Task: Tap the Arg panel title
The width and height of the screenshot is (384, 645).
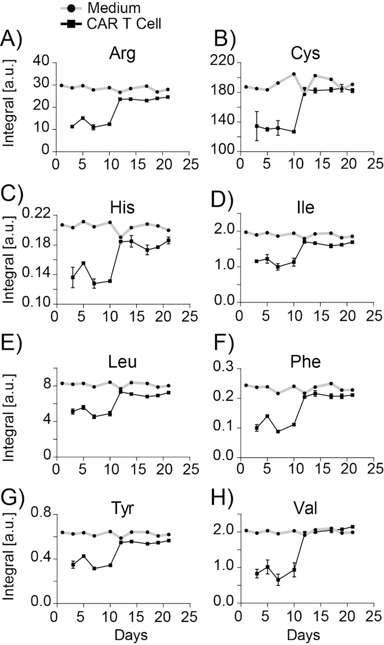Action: pos(122,54)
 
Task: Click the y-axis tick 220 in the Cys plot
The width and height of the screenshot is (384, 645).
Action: pos(225,63)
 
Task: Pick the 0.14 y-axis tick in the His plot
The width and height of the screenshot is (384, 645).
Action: pos(35,274)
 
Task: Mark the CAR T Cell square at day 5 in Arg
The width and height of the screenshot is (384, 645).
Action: pos(83,118)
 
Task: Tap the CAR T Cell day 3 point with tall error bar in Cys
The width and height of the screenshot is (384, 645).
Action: pos(256,126)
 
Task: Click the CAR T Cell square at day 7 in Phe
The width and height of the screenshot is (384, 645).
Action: pos(278,431)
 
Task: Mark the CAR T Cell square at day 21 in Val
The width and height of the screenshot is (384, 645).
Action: pos(353,527)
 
